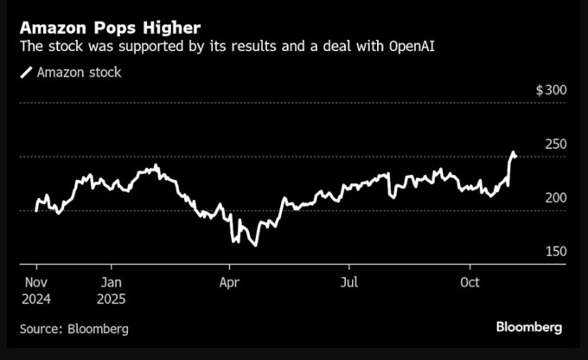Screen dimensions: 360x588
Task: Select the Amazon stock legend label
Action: tap(79, 73)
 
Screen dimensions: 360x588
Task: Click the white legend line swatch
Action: tap(25, 73)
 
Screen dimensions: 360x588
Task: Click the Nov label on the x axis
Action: tap(35, 282)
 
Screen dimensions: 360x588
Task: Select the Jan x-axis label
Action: tap(112, 282)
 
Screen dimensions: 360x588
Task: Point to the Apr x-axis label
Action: tap(229, 282)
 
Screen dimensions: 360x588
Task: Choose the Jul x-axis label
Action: tap(349, 282)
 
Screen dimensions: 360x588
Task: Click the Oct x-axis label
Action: tap(470, 282)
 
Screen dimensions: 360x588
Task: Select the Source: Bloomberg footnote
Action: tap(74, 329)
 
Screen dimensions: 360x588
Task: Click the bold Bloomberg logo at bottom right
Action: tap(528, 327)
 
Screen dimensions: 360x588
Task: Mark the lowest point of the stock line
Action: tap(254, 246)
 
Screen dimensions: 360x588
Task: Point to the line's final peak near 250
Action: tap(513, 152)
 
